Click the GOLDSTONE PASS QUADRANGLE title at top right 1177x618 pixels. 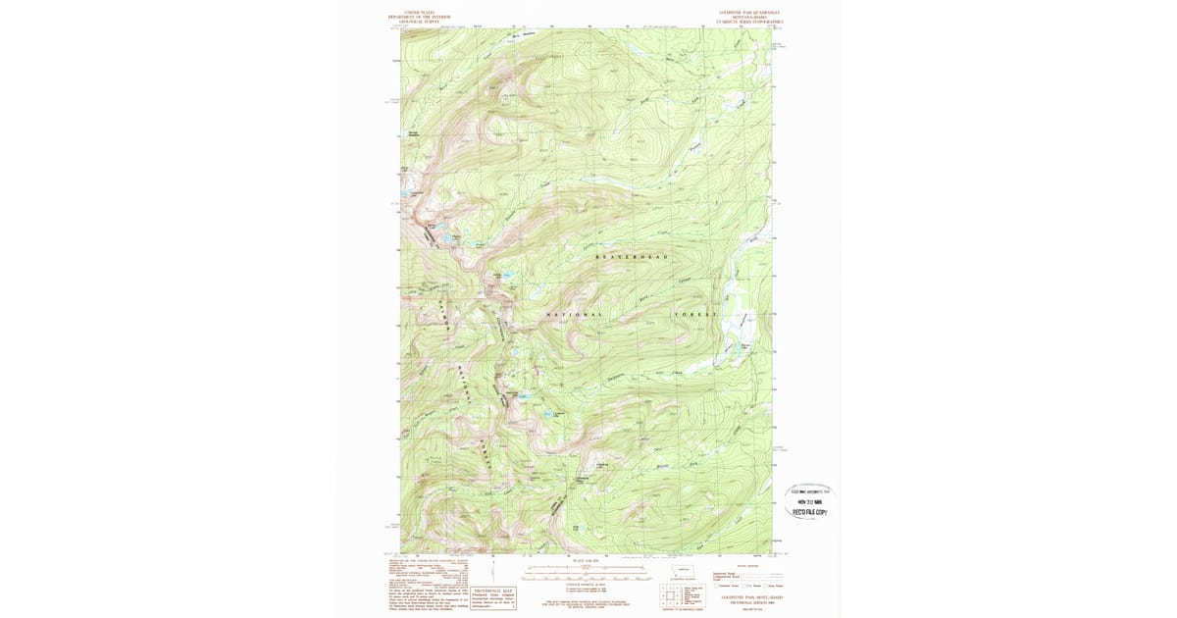[x=749, y=13]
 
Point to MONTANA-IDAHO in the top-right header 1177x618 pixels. [x=749, y=17]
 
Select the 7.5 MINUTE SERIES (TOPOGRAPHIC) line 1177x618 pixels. [x=749, y=22]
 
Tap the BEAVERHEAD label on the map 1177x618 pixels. [x=632, y=257]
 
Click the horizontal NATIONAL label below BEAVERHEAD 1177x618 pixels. [x=574, y=314]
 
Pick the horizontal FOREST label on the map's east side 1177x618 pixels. [x=696, y=314]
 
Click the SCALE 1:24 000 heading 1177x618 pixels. [x=569, y=563]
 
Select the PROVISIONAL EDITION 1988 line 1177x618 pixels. [x=749, y=602]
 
